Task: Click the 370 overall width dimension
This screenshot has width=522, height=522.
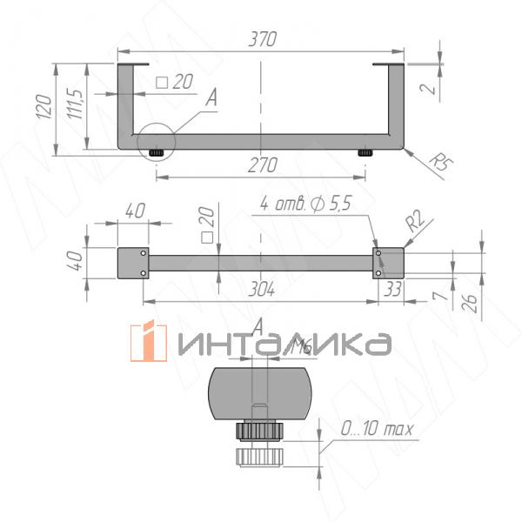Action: [261, 39]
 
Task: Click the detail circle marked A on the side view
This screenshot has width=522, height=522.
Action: [155, 142]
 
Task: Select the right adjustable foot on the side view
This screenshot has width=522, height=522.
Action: [365, 153]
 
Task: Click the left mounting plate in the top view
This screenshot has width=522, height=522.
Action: [134, 264]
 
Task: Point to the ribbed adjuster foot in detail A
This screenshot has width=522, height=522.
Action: [258, 444]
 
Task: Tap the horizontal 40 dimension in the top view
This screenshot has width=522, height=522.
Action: [134, 211]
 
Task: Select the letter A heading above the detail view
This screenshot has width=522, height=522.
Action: [258, 325]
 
